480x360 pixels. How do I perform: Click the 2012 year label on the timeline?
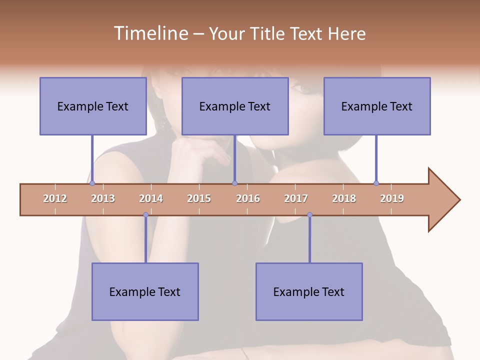[x=55, y=198]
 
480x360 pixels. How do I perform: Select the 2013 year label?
[x=103, y=198]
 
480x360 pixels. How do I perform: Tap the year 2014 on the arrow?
[x=151, y=198]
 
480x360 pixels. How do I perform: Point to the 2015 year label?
[x=199, y=198]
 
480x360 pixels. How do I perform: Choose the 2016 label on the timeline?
[x=248, y=198]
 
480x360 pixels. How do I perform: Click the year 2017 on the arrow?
[x=296, y=198]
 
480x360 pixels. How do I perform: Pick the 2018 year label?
[x=344, y=198]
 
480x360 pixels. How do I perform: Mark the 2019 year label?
[x=392, y=198]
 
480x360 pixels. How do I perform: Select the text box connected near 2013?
[x=93, y=106]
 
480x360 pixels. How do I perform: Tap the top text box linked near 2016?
[x=235, y=106]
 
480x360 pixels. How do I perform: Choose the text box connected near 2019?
[x=377, y=106]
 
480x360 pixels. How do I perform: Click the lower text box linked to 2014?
[x=145, y=291]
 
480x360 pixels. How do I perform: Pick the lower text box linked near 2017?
[x=309, y=291]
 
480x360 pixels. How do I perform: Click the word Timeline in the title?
[x=150, y=33]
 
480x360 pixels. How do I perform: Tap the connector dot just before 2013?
[x=92, y=183]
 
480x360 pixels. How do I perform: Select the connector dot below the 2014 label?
[x=145, y=215]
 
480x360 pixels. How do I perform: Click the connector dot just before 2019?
[x=376, y=183]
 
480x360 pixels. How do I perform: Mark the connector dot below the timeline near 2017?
[x=309, y=215]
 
